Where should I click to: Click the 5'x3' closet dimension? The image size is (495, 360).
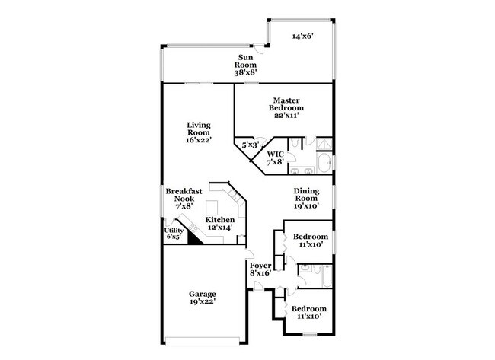(249, 145)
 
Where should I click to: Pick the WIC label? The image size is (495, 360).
(275, 158)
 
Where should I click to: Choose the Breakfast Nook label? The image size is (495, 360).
(184, 198)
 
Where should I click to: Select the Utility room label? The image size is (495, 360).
(174, 232)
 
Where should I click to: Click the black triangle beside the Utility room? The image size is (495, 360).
(193, 238)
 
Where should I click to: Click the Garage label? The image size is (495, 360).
(203, 298)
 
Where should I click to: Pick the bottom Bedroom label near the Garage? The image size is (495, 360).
(309, 312)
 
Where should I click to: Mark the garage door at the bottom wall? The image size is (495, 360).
(203, 339)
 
